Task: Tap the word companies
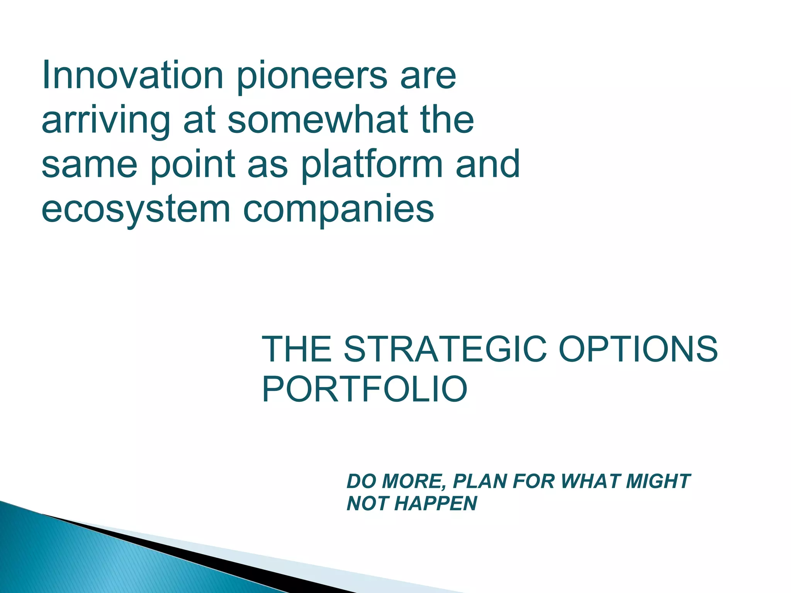point(338,211)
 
